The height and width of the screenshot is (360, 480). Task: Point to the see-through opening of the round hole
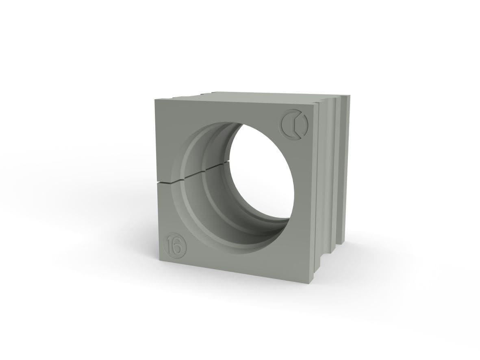260,172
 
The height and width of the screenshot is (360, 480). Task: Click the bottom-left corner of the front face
159,261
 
